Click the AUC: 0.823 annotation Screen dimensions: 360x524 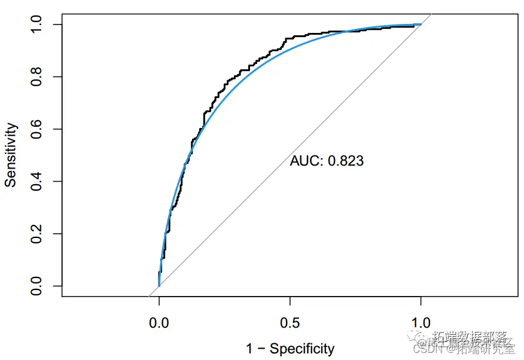click(x=327, y=160)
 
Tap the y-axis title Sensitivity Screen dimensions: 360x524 click(x=11, y=154)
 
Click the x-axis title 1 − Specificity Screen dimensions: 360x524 click(x=290, y=349)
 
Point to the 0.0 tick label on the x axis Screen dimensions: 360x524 click(x=159, y=324)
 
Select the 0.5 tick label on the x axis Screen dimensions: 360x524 click(x=290, y=324)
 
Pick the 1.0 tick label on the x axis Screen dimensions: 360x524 click(x=421, y=324)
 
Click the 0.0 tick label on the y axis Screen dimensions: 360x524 click(x=38, y=286)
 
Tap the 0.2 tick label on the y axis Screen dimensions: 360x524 click(x=38, y=234)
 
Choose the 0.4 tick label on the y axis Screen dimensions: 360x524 click(x=38, y=181)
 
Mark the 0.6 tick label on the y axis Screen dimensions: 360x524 click(x=38, y=129)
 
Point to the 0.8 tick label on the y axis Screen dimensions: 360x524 click(x=38, y=77)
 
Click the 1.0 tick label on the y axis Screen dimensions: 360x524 click(x=38, y=25)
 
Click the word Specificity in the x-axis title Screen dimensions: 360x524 click(x=302, y=349)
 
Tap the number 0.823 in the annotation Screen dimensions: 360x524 click(x=346, y=160)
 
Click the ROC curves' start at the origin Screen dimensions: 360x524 click(x=159, y=286)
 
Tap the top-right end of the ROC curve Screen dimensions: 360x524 click(x=420, y=25)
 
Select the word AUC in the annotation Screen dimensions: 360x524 click(x=303, y=160)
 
